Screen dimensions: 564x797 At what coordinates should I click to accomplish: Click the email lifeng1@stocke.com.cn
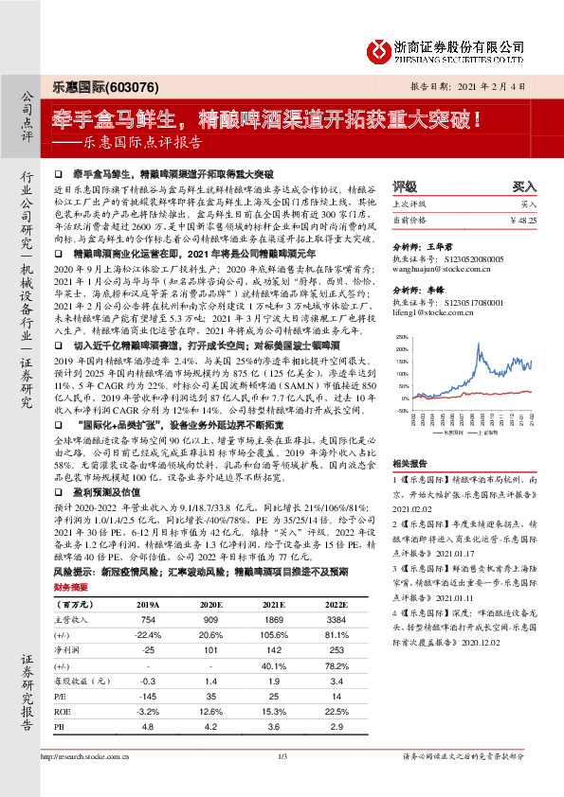(x=431, y=310)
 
